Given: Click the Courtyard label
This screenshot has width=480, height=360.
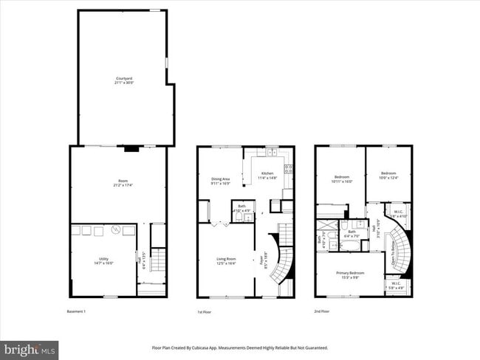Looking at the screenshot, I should (x=124, y=80).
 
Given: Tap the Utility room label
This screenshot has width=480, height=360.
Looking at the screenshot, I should (x=103, y=260).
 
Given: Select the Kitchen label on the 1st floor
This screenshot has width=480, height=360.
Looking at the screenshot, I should (x=267, y=175).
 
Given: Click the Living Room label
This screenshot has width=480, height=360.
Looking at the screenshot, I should (x=226, y=260).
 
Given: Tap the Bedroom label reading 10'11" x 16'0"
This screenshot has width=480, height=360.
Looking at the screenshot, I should (x=343, y=179).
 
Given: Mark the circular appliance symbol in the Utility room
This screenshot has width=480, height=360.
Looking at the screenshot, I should (x=115, y=231).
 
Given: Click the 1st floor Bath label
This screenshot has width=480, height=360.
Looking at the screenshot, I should (x=241, y=210).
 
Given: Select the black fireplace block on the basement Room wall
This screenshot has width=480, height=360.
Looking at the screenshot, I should (x=131, y=149).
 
